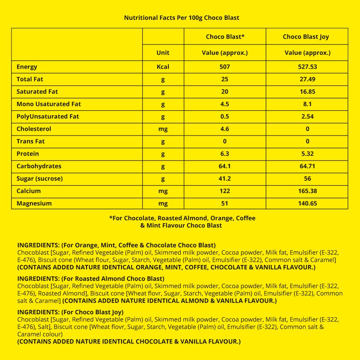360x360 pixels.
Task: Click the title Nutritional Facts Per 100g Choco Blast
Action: pos(181,18)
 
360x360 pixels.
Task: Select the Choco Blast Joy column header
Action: pos(306,37)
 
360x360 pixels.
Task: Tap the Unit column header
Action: pos(163,53)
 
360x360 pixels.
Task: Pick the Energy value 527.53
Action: pos(307,67)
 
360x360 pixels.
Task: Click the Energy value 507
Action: pos(225,67)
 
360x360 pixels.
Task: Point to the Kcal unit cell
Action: pos(163,67)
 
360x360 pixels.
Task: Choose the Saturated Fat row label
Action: pos(37,92)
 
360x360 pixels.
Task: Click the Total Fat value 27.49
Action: pos(307,79)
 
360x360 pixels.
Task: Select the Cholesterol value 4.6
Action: pos(225,129)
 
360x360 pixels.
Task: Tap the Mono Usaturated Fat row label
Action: pos(49,104)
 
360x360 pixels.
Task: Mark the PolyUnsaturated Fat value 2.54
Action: pos(307,117)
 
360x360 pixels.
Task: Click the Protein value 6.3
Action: pos(225,154)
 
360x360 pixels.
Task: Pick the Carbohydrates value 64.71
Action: pos(307,166)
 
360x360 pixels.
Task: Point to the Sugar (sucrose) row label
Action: pos(40,179)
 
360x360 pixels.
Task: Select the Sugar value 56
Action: pos(307,179)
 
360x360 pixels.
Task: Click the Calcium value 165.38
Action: pos(307,191)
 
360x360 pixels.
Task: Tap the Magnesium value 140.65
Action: pos(307,203)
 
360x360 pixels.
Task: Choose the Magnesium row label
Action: pos(34,203)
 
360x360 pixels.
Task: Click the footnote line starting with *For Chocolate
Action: pos(182,218)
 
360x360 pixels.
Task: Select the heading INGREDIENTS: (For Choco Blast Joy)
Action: pos(70,312)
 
